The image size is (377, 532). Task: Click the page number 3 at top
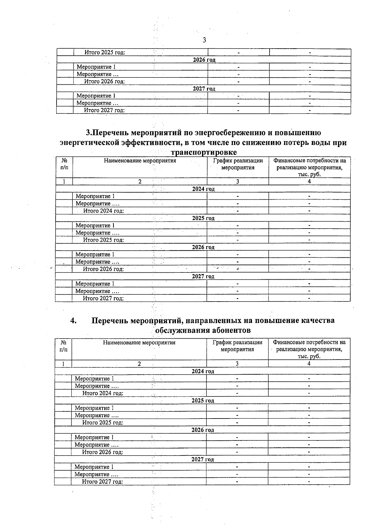(204, 40)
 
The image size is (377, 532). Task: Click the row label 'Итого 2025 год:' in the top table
(105, 52)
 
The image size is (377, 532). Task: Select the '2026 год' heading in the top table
(204, 60)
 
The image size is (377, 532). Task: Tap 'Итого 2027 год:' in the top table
(104, 110)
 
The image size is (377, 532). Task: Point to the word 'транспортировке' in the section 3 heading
(203, 152)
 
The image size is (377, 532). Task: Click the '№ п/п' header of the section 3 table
(64, 164)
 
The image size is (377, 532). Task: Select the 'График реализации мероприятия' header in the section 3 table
(238, 164)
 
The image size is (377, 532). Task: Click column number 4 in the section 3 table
(309, 182)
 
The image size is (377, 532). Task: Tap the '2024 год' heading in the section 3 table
(203, 189)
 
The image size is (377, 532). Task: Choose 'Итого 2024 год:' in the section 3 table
(103, 211)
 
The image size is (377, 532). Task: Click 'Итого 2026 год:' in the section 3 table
(103, 269)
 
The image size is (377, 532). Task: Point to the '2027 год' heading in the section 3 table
(203, 277)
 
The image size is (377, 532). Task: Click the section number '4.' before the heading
(73, 320)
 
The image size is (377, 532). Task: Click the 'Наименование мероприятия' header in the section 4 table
(139, 343)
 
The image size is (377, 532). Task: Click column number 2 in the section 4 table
(139, 364)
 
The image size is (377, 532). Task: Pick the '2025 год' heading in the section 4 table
(203, 401)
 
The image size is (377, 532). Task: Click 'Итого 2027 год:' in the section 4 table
(102, 482)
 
